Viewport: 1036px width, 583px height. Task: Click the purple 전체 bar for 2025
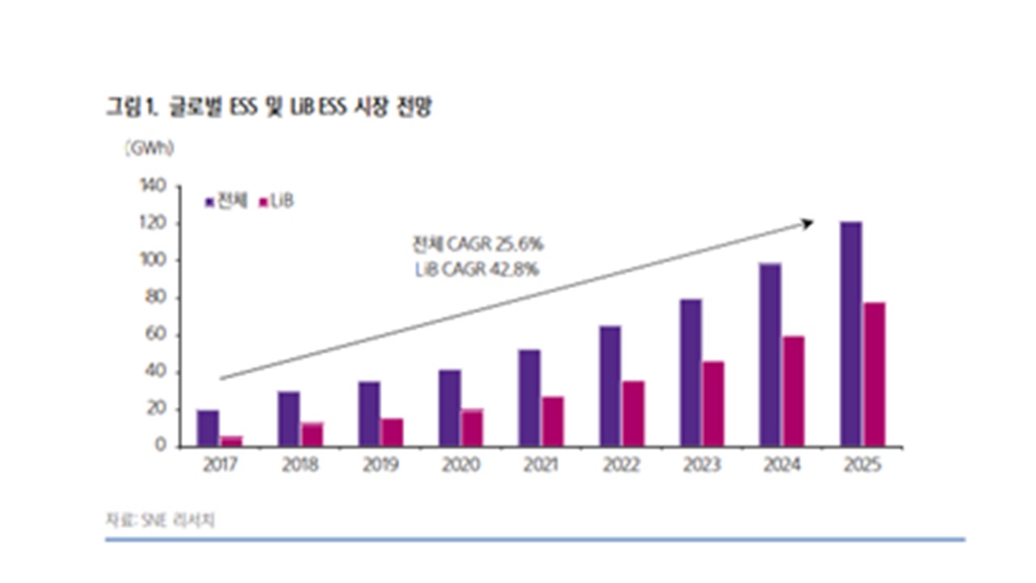pos(851,334)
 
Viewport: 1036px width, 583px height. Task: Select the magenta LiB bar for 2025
pos(875,374)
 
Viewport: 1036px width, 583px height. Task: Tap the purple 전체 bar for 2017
pos(208,428)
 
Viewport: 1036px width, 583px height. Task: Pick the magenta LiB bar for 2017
pos(231,441)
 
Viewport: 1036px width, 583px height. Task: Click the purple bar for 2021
pos(530,398)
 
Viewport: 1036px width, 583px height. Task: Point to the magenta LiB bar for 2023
pos(715,403)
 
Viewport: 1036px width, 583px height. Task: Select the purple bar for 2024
pos(771,355)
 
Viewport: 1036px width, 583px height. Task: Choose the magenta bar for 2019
pos(393,432)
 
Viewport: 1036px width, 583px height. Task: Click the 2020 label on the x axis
pos(461,466)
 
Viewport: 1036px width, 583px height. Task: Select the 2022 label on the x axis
pos(622,466)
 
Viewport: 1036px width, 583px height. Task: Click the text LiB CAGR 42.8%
pos(477,269)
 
